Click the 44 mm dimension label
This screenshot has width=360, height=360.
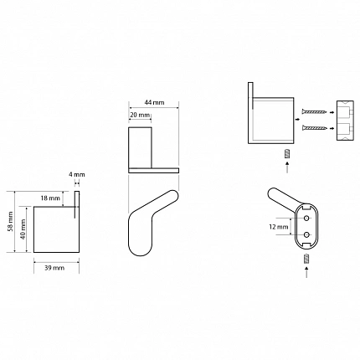tap(154, 102)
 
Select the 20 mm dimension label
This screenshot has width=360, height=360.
tap(141, 115)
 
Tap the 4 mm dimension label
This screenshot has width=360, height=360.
tap(77, 175)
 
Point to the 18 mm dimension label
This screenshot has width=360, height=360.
tap(50, 198)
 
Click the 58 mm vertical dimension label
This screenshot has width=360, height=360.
tap(11, 222)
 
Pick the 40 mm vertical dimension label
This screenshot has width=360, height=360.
tap(23, 229)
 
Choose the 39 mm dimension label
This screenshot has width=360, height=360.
tap(54, 268)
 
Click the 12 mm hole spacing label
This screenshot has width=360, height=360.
tap(279, 227)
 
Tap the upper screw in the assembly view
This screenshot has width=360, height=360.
tap(314, 112)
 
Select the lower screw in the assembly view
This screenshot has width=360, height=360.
tap(314, 128)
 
